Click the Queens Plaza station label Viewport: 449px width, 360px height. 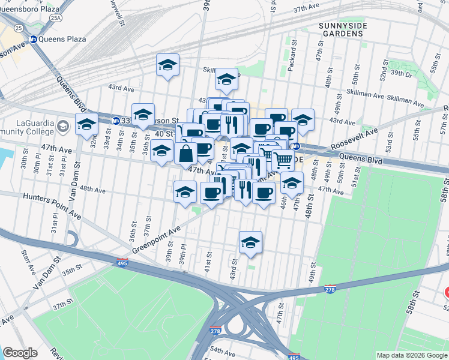click(x=63, y=39)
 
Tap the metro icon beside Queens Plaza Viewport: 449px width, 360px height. click(x=34, y=39)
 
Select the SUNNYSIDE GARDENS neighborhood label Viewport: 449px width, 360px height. click(x=342, y=29)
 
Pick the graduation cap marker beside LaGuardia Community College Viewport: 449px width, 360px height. click(x=86, y=124)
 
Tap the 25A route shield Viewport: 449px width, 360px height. click(x=56, y=19)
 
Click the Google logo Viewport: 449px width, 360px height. click(x=20, y=353)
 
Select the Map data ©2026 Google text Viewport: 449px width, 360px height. click(x=411, y=355)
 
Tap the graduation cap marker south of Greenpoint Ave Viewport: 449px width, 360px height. click(x=250, y=241)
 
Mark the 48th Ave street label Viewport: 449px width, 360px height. click(x=93, y=190)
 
